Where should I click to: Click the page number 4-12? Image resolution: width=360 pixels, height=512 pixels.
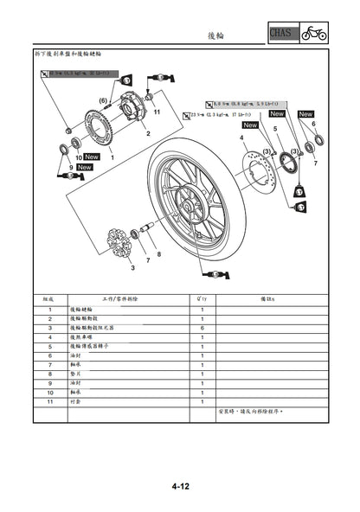coord(179,487)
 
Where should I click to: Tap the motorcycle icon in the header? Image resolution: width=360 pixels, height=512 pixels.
coord(313,34)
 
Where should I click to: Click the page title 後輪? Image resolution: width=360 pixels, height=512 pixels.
coord(216,35)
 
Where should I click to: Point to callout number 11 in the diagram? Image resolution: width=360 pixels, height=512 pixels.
coord(157,112)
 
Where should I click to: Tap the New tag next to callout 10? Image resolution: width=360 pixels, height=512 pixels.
coord(93,157)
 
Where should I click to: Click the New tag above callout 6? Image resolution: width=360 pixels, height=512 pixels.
coord(305,113)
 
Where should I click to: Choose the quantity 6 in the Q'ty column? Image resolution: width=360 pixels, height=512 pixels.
coord(202,329)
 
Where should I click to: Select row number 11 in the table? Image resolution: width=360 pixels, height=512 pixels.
coord(50,402)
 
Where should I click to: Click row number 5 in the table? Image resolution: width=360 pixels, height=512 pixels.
coord(50,346)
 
